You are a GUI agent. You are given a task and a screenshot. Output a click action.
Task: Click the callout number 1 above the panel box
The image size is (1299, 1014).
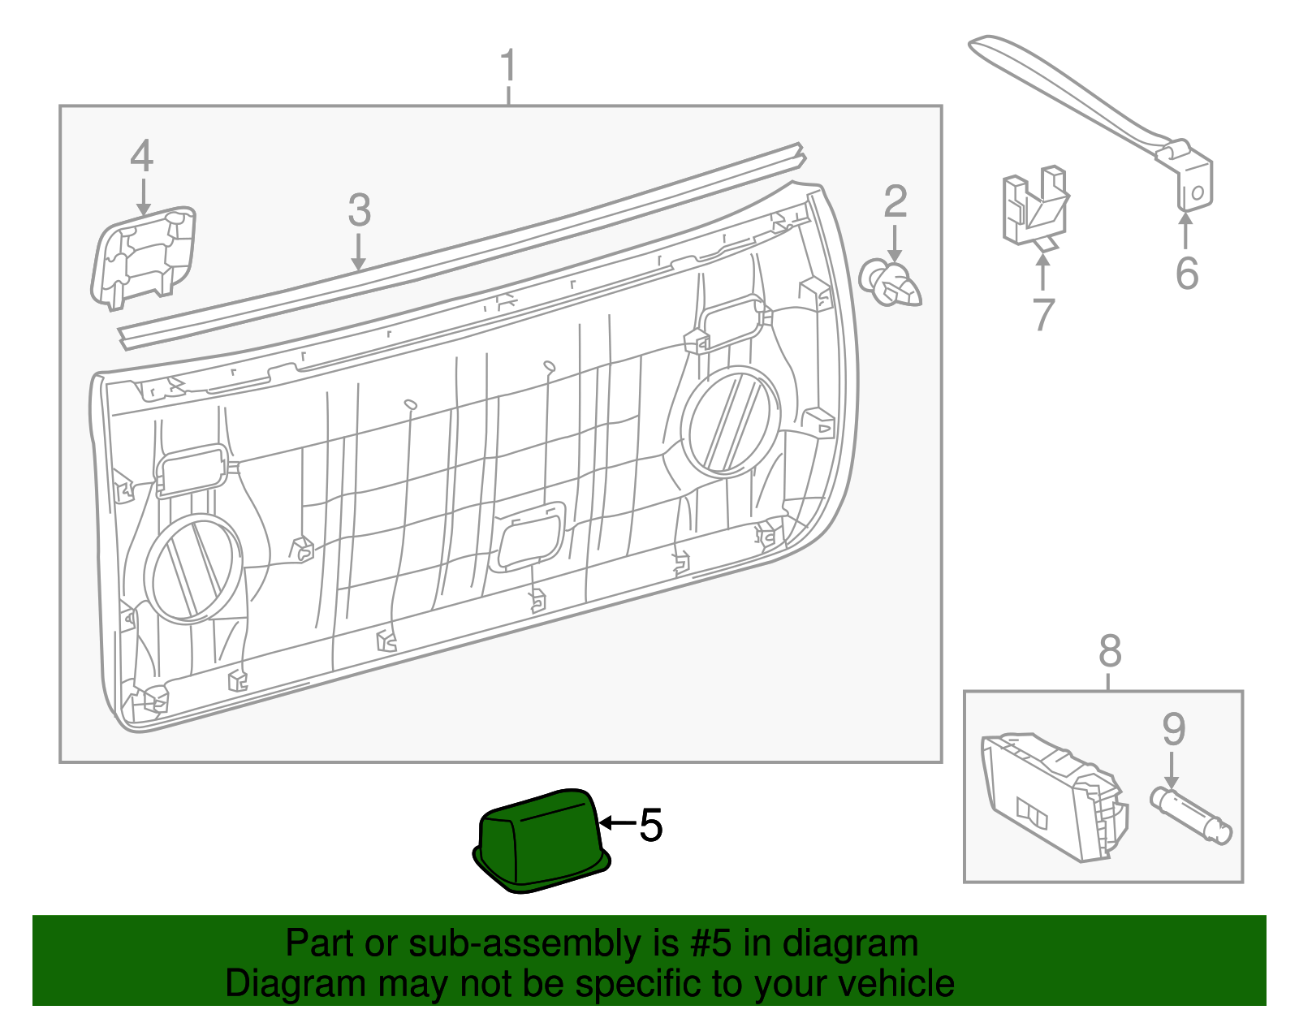pos(508,67)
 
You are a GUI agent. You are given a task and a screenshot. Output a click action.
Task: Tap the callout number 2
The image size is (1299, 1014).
pos(895,202)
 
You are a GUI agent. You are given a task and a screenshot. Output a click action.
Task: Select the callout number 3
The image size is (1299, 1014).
pos(359,210)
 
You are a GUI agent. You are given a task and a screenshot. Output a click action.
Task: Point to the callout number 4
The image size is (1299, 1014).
pos(142,156)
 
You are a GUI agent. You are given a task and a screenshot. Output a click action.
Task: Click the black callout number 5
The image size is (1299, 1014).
pos(650,825)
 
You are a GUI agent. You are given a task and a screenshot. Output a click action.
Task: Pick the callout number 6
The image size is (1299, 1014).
pos(1186,273)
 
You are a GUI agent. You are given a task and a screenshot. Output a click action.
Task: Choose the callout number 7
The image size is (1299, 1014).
pos(1043,314)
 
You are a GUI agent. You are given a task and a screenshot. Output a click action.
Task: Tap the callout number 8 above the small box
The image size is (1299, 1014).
pos(1109,651)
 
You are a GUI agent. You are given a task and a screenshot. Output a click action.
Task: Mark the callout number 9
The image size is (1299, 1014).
pos(1173,729)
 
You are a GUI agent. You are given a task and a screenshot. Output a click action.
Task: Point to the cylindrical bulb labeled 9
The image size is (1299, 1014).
pos(1191,816)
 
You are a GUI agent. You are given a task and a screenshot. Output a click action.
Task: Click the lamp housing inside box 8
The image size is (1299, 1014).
pos(1051,796)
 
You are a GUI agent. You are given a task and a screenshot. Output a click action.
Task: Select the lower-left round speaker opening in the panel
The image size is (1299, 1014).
pos(192,568)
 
